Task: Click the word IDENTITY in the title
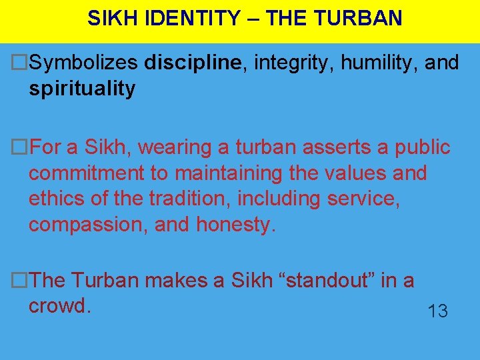(199, 18)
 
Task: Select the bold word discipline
(192, 63)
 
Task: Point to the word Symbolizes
(84, 63)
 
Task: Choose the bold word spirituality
(82, 89)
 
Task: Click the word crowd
(59, 307)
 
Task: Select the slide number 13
(437, 311)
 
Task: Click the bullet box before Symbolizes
(21, 63)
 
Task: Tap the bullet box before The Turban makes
(21, 281)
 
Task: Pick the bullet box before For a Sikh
(21, 147)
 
